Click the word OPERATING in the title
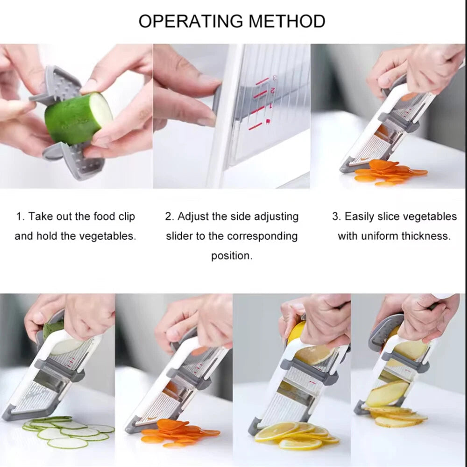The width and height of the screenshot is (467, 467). [191, 21]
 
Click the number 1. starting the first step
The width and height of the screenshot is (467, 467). [20, 217]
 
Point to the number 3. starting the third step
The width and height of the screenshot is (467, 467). [336, 217]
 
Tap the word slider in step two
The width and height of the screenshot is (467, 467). [179, 236]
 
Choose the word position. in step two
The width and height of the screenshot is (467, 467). [232, 256]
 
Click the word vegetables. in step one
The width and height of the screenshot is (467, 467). [107, 236]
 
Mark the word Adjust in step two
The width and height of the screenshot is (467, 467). [192, 217]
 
